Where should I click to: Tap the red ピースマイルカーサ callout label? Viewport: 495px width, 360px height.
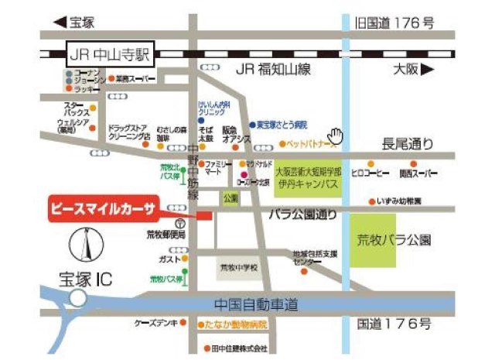(x=103, y=210)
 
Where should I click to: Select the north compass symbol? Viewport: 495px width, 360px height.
(x=84, y=246)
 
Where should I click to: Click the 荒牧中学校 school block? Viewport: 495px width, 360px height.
(x=239, y=268)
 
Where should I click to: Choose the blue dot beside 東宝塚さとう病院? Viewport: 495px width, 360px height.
(x=253, y=125)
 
